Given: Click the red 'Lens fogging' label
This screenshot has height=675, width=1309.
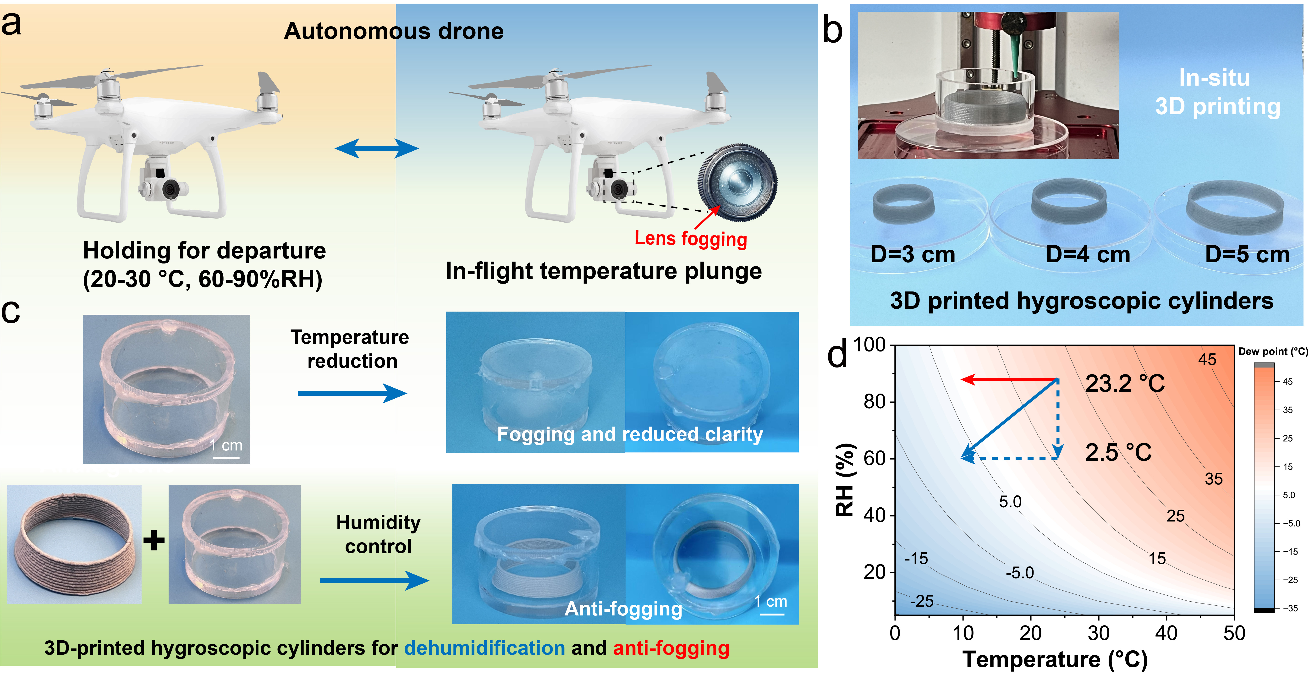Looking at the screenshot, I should tap(691, 238).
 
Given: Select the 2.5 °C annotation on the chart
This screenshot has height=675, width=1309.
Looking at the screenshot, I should tap(1118, 452).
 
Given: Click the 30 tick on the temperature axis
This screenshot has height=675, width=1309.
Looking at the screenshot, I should tap(1099, 633).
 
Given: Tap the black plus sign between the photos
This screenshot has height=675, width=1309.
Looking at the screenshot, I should tap(154, 540).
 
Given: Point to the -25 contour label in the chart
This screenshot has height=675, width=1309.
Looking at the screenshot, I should tap(921, 601).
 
